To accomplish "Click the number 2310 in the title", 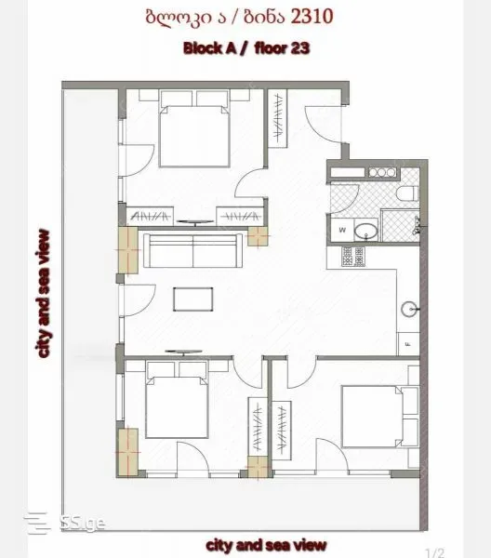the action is point(312,17).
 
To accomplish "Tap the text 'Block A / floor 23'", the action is point(246,48).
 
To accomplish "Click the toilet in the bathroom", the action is point(407,194).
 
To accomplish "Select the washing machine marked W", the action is point(342,230).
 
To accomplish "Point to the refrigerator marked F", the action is point(408,344).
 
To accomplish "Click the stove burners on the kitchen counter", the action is point(353,257).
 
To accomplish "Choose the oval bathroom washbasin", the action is point(365,231).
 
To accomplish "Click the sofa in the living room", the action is point(193,250).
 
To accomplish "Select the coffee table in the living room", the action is point(193,299).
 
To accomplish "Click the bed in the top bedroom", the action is point(194,136).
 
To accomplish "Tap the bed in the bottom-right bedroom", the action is point(372,416).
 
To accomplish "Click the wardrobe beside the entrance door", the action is point(277,118).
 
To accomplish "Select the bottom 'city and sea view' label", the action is point(266,545).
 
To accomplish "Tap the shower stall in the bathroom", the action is point(400,226).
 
